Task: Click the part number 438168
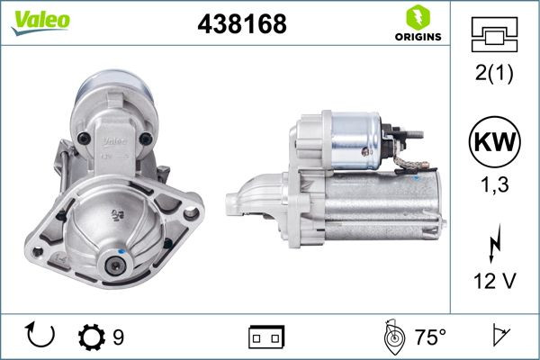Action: [x=241, y=24]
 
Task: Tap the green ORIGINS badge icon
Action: [x=417, y=17]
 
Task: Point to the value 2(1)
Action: [x=494, y=74]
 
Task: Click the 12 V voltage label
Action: [x=494, y=282]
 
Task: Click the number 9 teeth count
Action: [x=119, y=337]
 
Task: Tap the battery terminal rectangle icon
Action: [x=266, y=337]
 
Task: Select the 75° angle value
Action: [x=430, y=337]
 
